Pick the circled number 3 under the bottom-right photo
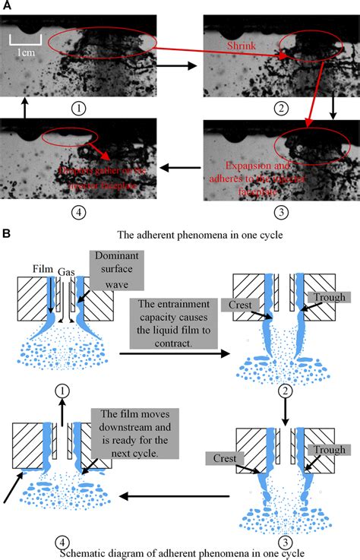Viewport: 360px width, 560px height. (282, 210)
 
